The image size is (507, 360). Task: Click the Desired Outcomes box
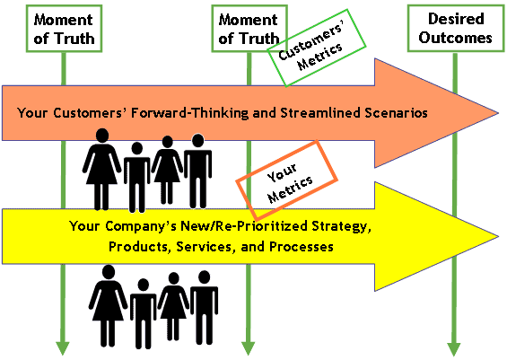tap(456, 28)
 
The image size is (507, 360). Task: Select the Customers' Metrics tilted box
tap(317, 48)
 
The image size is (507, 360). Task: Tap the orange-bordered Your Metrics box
tap(287, 180)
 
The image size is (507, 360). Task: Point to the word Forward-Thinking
tap(190, 113)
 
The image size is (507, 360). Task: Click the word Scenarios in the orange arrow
tap(396, 113)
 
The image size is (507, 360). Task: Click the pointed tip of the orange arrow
tap(498, 113)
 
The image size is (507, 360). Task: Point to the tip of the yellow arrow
tap(498, 236)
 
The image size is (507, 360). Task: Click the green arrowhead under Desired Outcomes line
tap(454, 348)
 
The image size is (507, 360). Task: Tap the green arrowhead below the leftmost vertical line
tap(63, 348)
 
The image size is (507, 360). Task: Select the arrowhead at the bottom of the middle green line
tap(248, 348)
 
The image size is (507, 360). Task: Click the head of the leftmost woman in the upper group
tap(102, 136)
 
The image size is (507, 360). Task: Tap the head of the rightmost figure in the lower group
tap(205, 277)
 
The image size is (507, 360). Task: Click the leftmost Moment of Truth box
tap(64, 29)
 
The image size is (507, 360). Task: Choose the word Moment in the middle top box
tap(248, 20)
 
